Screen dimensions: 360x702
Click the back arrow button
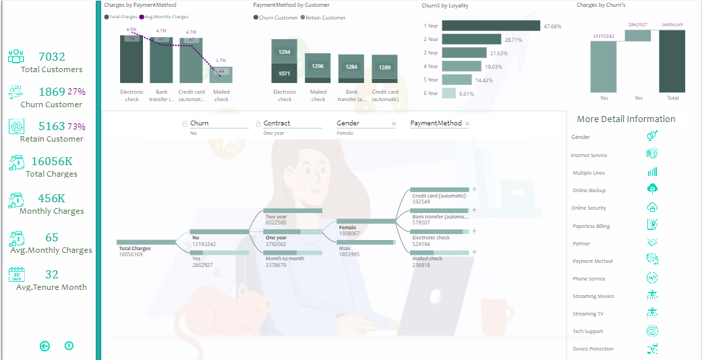point(45,346)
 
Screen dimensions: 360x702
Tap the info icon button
point(69,346)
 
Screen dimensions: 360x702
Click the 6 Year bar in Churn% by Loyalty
point(448,93)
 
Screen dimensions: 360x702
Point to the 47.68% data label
point(552,26)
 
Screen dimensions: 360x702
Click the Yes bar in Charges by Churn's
point(637,35)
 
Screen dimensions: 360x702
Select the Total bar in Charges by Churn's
point(672,61)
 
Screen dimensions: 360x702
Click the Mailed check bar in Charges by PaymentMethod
point(221,75)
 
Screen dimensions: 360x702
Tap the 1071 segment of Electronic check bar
point(285,73)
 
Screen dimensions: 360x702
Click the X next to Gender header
point(394,124)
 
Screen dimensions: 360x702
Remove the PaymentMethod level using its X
point(467,124)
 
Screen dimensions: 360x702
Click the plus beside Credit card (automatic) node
point(474,190)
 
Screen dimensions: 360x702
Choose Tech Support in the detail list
point(587,331)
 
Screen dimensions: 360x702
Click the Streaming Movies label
point(593,296)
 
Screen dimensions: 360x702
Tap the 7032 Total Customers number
point(52,57)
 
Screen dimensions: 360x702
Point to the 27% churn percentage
point(76,92)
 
